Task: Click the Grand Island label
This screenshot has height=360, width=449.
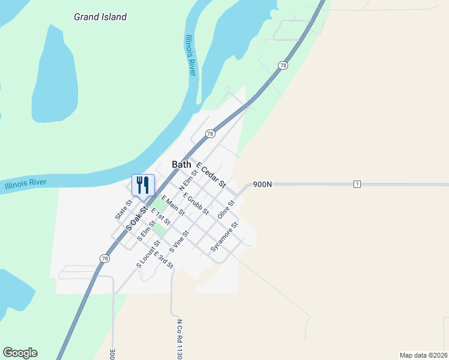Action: (100, 17)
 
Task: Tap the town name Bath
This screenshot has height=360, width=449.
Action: (181, 164)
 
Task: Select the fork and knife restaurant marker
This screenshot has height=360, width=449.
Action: (143, 185)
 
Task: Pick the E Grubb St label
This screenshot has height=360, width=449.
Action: (196, 203)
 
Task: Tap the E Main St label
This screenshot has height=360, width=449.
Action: (173, 206)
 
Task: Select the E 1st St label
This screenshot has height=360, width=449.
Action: (161, 218)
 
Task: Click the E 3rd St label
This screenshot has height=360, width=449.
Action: (163, 259)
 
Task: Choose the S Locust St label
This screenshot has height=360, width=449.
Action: (148, 254)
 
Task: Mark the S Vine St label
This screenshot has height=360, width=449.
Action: (179, 241)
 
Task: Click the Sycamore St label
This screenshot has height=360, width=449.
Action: (224, 236)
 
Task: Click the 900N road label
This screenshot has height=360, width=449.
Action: (262, 184)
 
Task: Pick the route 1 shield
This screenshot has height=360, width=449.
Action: (357, 184)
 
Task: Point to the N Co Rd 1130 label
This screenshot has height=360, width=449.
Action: (179, 339)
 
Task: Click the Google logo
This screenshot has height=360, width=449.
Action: (20, 353)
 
